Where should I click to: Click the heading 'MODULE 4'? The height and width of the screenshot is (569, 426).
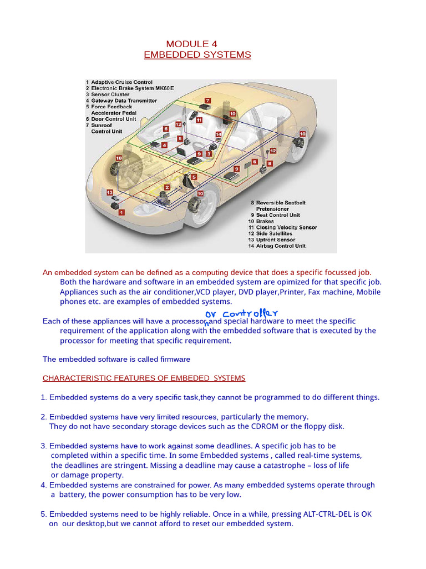[192, 44]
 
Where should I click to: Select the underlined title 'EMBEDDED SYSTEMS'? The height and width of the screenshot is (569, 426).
[197, 54]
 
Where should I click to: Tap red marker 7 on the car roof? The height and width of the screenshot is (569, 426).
[207, 101]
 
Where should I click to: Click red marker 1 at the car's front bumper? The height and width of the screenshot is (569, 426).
[121, 212]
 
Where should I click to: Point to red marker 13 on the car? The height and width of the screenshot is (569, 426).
[110, 192]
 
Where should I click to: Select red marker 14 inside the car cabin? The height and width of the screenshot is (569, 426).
[219, 134]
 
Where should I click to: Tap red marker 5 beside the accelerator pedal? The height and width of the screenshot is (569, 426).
[194, 177]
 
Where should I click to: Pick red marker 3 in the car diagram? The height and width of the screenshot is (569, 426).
[209, 153]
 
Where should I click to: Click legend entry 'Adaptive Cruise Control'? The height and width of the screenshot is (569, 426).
[121, 82]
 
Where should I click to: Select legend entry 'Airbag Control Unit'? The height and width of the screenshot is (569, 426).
[281, 246]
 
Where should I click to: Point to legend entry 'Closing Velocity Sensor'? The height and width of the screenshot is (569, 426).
[286, 227]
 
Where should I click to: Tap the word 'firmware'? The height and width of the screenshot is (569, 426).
[172, 359]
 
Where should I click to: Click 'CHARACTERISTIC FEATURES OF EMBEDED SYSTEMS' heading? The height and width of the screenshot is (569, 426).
[144, 378]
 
